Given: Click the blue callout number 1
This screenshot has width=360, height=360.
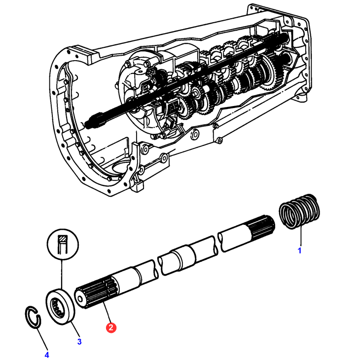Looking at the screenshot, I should (299, 251).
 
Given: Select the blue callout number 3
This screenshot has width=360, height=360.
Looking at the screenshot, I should (78, 341).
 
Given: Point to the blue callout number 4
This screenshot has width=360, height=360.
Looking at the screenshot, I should (47, 354).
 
